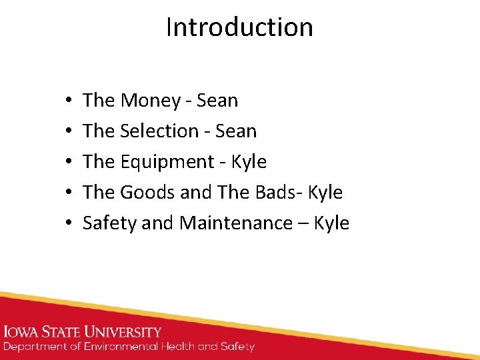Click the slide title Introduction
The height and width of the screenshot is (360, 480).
click(239, 27)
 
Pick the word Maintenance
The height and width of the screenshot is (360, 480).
click(237, 223)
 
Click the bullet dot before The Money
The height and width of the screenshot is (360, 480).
click(69, 101)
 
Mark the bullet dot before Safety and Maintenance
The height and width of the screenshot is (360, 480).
click(69, 224)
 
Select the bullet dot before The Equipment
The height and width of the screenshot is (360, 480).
click(69, 163)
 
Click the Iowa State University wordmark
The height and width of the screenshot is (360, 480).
click(83, 332)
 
